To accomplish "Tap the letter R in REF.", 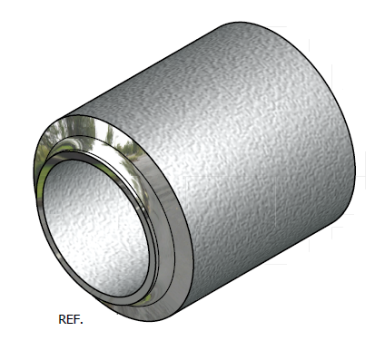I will coord(62,319).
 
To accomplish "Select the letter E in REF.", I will coord(69,319).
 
